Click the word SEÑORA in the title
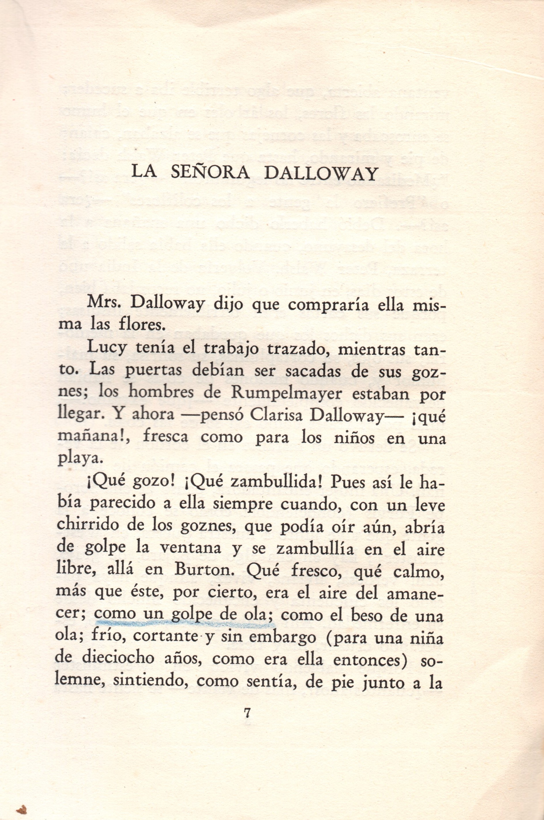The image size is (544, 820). [210, 173]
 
